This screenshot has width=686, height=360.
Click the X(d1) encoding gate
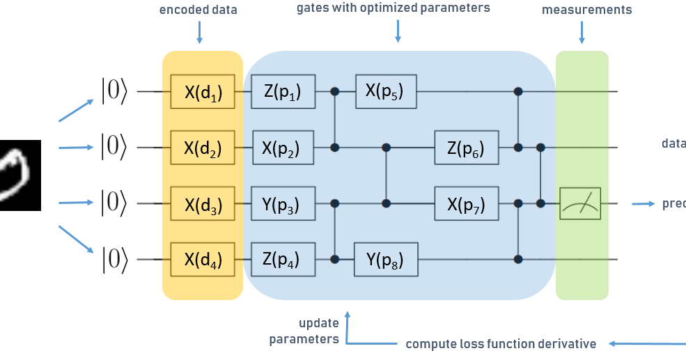click(x=203, y=91)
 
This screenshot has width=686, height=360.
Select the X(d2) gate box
click(x=203, y=148)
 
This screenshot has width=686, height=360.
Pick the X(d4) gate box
click(x=203, y=260)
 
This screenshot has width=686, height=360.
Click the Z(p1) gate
click(x=283, y=91)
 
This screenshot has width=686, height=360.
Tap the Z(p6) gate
click(x=467, y=148)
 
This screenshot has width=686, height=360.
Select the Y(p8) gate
click(x=386, y=260)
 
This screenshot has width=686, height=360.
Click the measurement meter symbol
click(x=580, y=204)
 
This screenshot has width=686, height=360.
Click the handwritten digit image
click(x=20, y=175)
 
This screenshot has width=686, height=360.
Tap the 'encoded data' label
click(x=198, y=10)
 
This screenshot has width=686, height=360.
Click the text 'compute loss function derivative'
click(x=501, y=344)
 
